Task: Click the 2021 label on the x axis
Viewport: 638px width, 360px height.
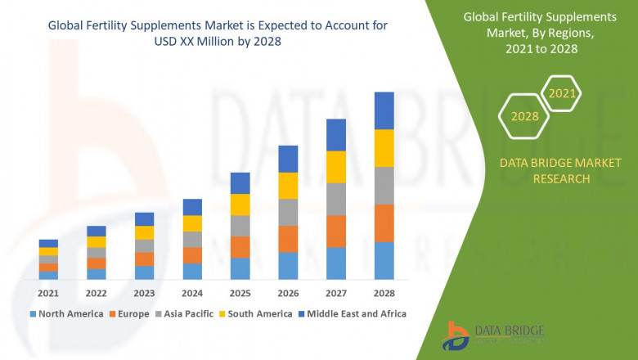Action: [48, 293]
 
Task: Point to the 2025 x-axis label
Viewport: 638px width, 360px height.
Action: [240, 293]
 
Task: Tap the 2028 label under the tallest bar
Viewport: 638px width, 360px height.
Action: [384, 293]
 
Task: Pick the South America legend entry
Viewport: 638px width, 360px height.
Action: [259, 313]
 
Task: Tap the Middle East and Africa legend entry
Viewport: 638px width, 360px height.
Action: [357, 313]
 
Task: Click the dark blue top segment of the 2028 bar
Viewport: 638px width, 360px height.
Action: [384, 110]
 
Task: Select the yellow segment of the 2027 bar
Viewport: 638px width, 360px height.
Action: [335, 167]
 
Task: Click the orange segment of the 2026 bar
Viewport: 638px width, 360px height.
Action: [288, 239]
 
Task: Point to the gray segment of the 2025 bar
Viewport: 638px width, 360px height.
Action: [240, 226]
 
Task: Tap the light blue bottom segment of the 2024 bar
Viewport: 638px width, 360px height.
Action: [192, 272]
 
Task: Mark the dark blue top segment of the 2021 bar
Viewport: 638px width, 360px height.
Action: [48, 243]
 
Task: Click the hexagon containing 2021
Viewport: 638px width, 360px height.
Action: [561, 93]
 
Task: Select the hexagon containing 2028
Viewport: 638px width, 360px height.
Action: [524, 116]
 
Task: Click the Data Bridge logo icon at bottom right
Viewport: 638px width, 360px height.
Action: [456, 336]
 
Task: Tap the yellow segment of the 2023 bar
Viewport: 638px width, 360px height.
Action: [144, 232]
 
